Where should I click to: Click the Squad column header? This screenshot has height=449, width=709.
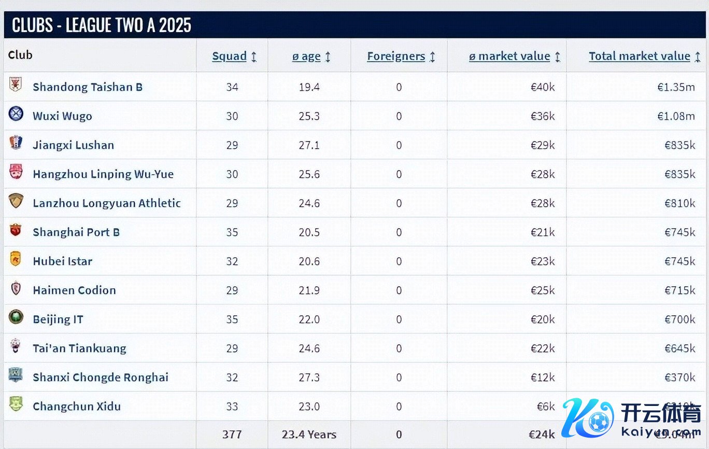click(x=229, y=57)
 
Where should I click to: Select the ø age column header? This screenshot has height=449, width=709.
click(x=306, y=57)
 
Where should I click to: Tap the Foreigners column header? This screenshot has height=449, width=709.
click(x=396, y=57)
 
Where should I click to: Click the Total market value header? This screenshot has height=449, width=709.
click(x=639, y=57)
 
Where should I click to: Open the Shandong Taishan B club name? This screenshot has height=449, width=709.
click(x=88, y=87)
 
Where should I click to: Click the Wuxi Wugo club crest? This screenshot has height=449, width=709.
click(x=16, y=114)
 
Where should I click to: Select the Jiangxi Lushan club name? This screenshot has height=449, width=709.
click(x=73, y=145)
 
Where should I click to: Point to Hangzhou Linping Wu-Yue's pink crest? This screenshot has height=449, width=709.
click(x=16, y=172)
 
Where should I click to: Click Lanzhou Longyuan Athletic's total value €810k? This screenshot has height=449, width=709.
click(x=679, y=203)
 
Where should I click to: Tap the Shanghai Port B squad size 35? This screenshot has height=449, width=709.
click(x=232, y=232)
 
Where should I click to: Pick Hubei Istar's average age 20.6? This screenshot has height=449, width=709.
click(x=309, y=261)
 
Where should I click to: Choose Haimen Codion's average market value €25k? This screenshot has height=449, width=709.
click(x=542, y=290)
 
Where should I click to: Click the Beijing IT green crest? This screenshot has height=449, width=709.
click(x=16, y=317)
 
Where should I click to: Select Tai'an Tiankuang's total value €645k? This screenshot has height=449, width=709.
click(x=679, y=348)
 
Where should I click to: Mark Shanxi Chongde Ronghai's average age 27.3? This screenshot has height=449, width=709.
click(x=309, y=377)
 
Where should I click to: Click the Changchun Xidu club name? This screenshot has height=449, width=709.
click(x=77, y=406)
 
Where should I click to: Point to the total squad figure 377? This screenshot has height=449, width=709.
click(x=232, y=434)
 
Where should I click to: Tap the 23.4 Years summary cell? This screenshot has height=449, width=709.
click(x=309, y=434)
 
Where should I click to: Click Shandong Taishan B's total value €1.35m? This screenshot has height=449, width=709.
click(x=676, y=87)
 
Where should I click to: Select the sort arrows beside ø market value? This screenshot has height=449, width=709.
click(x=558, y=57)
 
